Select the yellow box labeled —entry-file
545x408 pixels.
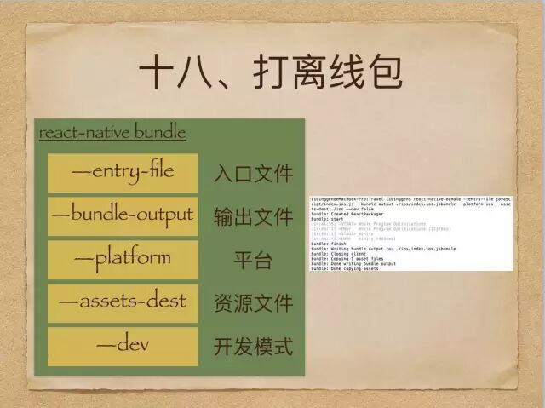tap(123, 172)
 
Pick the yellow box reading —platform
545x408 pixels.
tap(123, 258)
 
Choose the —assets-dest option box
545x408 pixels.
tap(123, 302)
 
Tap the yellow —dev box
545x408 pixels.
tap(123, 345)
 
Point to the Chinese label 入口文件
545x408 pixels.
tap(253, 174)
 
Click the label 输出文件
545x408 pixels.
tap(253, 216)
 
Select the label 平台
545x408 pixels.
tap(253, 260)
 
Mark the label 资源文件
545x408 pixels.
tap(253, 303)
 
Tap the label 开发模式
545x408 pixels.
tap(253, 347)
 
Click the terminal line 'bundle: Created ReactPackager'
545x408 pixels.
tap(349, 213)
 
